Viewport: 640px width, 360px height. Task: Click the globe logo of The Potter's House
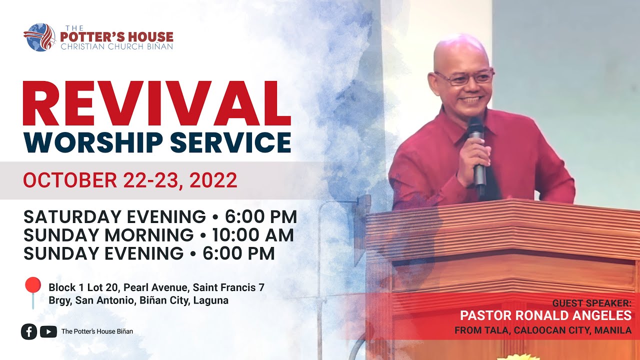tap(39, 37)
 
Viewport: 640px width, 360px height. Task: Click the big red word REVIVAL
tap(156, 104)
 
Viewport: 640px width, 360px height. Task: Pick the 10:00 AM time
tap(253, 235)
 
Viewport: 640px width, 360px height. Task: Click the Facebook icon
tap(29, 331)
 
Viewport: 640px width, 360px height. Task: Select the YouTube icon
tap(48, 331)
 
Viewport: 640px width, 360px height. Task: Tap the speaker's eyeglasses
tap(464, 77)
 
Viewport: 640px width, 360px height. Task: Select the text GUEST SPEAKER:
tap(591, 303)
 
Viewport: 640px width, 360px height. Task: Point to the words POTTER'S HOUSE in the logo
tap(116, 37)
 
